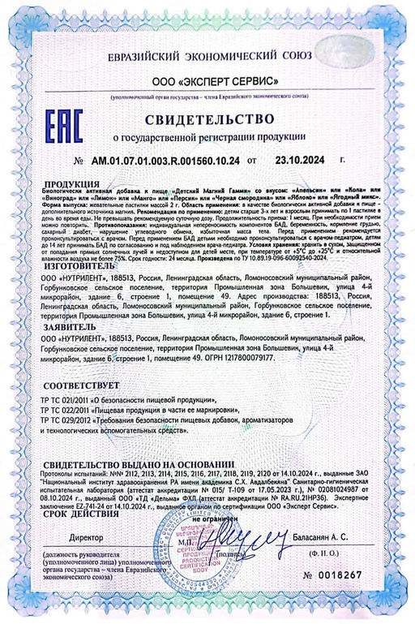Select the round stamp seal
click(209, 552)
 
